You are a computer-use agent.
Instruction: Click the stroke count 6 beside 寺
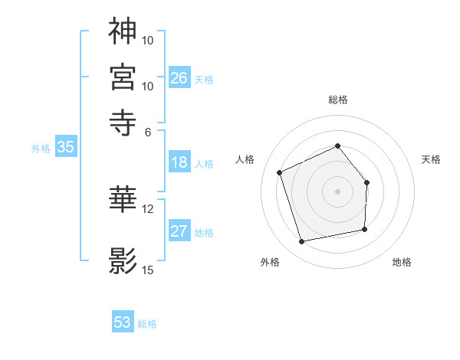148,131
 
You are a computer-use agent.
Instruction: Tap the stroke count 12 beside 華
148,208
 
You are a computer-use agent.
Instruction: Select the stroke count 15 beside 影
148,270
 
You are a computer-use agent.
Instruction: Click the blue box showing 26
179,77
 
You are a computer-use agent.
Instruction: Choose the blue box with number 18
179,162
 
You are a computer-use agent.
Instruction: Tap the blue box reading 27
179,231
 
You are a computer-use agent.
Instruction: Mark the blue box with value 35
65,148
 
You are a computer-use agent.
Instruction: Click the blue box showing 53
123,322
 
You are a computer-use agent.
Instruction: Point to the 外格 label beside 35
40,149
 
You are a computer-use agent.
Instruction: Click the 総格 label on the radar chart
338,100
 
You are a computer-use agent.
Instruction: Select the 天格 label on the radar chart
431,159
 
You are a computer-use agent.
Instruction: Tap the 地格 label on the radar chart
402,263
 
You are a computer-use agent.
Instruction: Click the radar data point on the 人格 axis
280,172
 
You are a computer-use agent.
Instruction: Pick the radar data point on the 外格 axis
302,242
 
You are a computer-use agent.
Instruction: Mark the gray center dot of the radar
338,191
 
